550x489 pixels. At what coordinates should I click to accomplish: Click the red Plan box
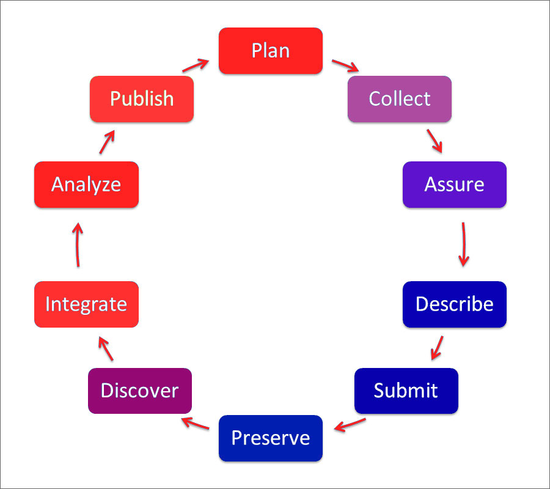(271, 51)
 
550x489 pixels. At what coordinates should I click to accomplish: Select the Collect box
(400, 99)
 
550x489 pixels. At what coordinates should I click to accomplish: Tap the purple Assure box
(455, 185)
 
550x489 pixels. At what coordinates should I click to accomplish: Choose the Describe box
(455, 304)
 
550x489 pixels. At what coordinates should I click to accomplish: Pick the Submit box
(406, 391)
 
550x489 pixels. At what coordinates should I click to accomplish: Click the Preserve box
(271, 438)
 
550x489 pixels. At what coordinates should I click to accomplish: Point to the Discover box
(140, 391)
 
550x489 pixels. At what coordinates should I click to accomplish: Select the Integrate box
(86, 304)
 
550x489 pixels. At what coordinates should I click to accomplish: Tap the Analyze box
(86, 185)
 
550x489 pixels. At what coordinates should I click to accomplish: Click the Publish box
(142, 99)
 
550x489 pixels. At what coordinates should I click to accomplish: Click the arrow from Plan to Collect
(345, 65)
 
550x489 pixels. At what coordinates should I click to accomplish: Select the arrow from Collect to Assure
(435, 141)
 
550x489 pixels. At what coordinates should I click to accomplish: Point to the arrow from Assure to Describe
(464, 244)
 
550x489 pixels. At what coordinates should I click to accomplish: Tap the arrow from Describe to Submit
(437, 348)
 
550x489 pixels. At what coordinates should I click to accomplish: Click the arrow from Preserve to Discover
(195, 423)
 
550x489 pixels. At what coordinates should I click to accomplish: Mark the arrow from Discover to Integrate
(106, 348)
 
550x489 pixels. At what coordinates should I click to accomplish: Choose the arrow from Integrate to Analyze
(78, 244)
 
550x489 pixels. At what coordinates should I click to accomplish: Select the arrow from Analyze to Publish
(107, 142)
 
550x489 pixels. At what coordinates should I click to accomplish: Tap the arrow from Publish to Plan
(196, 65)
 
